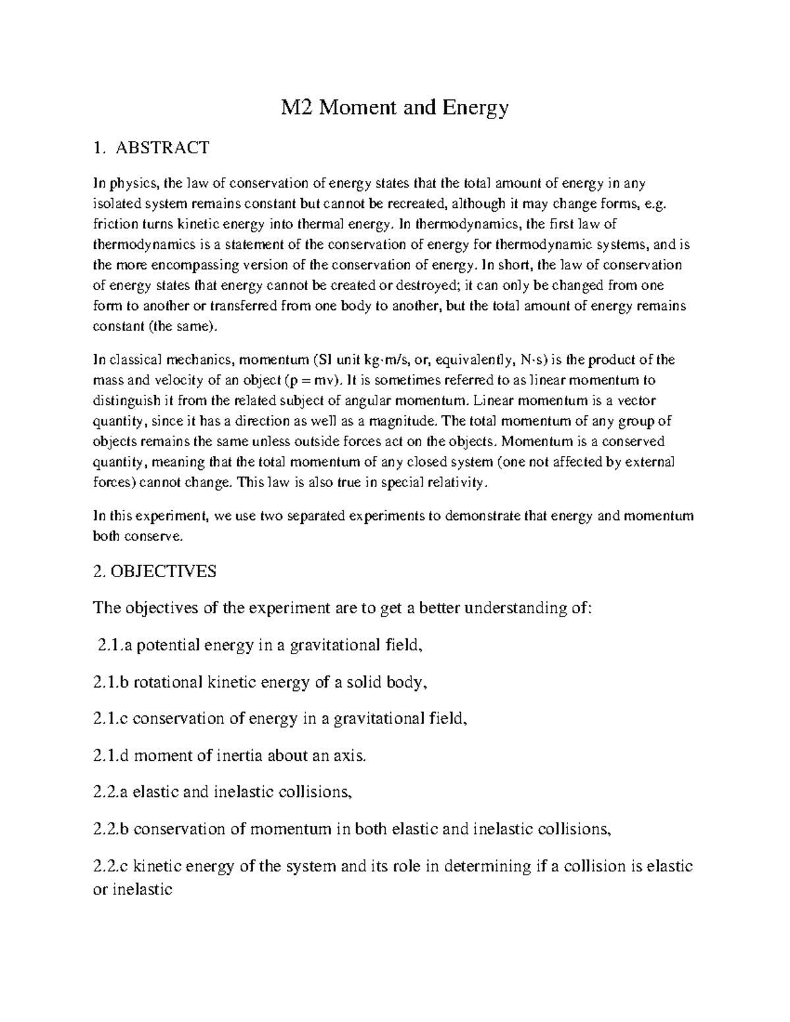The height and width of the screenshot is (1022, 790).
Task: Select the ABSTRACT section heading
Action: pos(163,147)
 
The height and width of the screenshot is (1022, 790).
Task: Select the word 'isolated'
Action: pos(115,204)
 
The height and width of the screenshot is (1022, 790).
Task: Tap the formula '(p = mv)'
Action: pos(315,380)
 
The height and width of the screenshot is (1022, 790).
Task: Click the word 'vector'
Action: pos(637,400)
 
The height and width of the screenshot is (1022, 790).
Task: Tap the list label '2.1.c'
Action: pos(111,719)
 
